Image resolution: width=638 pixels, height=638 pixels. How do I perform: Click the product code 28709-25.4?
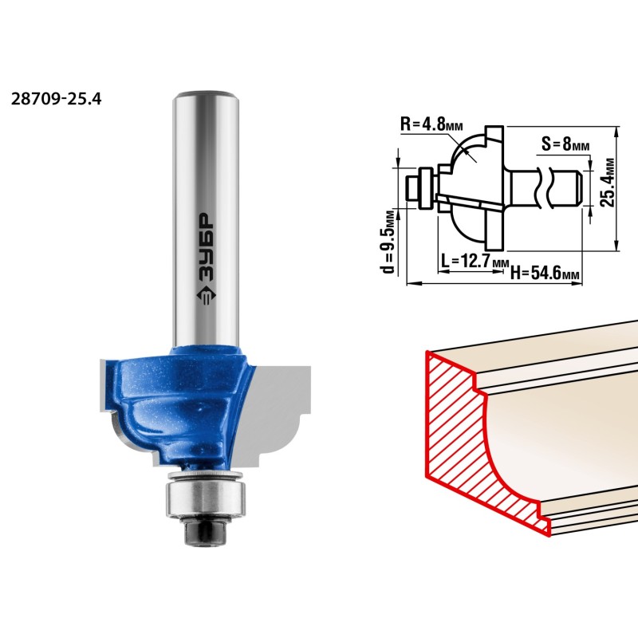click(x=56, y=99)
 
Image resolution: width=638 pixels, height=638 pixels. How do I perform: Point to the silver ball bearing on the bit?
click(x=206, y=498)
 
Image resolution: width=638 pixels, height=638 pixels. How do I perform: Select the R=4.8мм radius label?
click(x=431, y=124)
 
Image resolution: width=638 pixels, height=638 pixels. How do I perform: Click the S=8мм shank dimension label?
click(x=565, y=144)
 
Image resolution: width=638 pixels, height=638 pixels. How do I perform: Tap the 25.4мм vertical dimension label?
click(x=608, y=183)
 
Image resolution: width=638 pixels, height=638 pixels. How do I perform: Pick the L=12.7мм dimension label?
click(x=475, y=261)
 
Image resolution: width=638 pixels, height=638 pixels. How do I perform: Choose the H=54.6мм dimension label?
click(x=545, y=273)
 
